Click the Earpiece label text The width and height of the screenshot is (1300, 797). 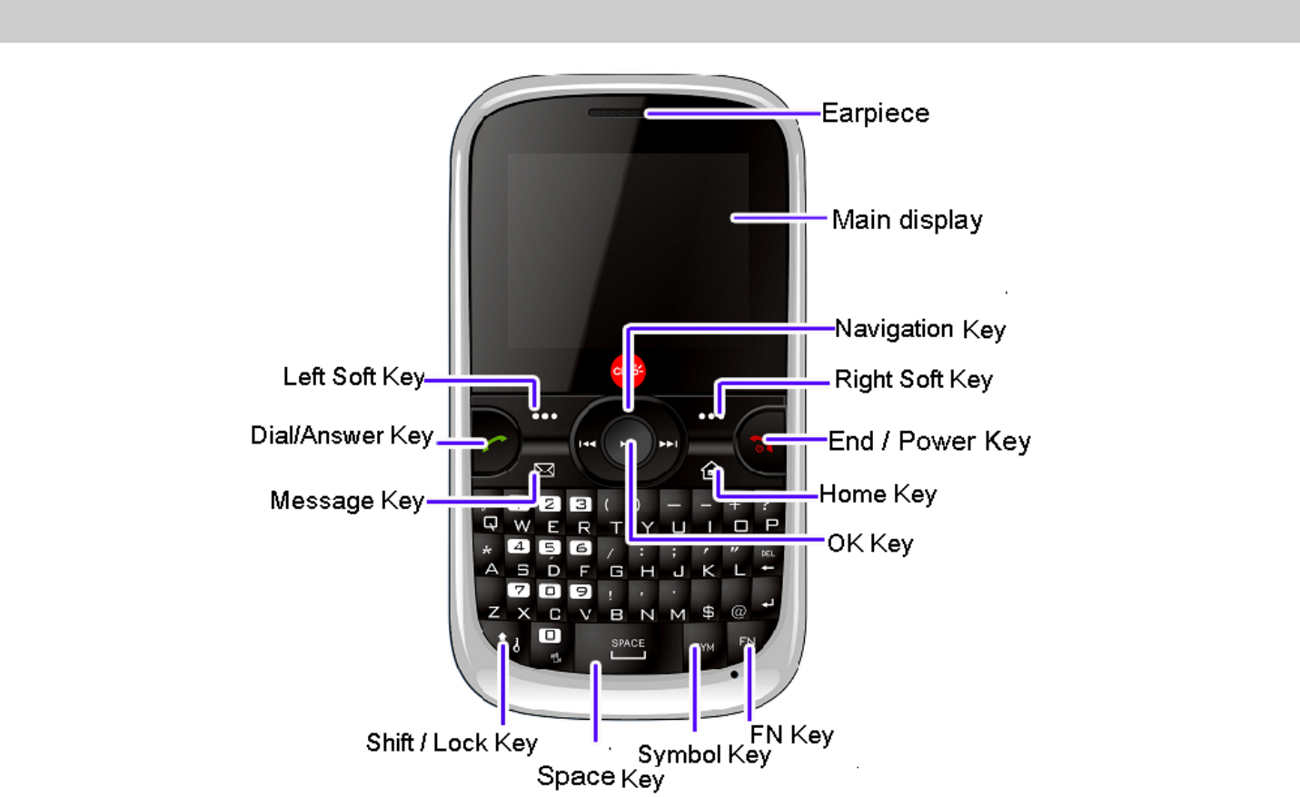click(x=875, y=114)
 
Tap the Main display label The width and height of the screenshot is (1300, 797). click(x=907, y=220)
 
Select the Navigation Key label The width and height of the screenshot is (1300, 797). click(x=919, y=329)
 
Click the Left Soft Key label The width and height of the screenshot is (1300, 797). click(x=353, y=377)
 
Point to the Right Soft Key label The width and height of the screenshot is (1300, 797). click(x=913, y=380)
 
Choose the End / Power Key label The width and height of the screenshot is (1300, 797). click(x=928, y=442)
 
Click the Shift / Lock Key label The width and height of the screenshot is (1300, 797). click(x=452, y=743)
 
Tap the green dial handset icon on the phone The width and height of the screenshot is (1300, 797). click(x=494, y=443)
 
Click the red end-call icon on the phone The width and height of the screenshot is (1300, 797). click(x=760, y=443)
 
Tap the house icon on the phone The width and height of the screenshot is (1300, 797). click(x=710, y=470)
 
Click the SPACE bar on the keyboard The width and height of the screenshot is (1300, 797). click(x=628, y=647)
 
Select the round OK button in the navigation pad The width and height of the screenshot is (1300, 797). click(x=627, y=443)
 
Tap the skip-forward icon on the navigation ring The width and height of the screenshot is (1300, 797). click(x=669, y=444)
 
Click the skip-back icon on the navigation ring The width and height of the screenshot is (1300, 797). click(x=587, y=444)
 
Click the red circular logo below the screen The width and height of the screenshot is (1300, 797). click(x=628, y=371)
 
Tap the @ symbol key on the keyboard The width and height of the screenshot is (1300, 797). click(x=739, y=613)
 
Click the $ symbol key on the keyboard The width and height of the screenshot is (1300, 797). click(x=709, y=613)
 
